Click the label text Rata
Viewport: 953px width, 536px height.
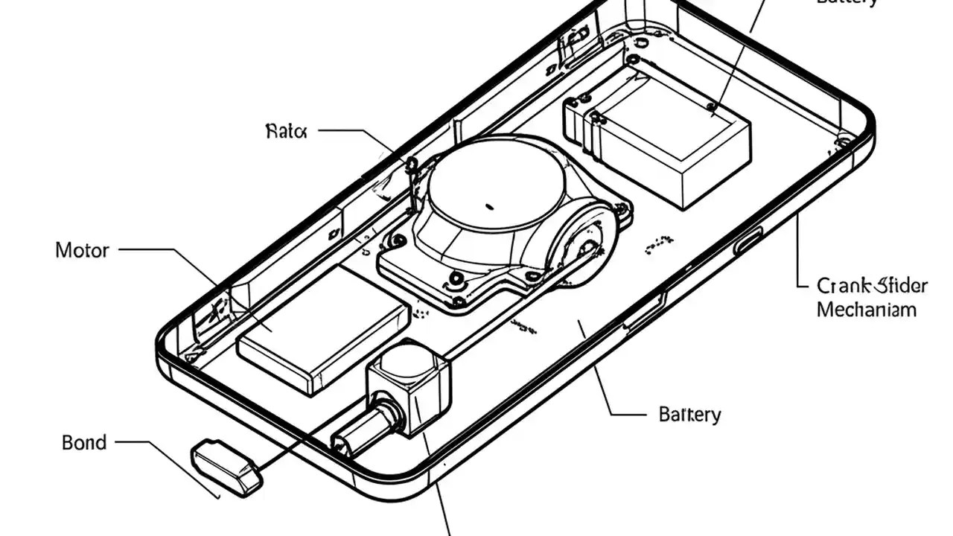coord(286,132)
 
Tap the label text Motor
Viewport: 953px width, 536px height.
coord(82,250)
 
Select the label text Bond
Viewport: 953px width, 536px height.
coord(84,443)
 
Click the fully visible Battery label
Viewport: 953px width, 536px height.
coord(689,415)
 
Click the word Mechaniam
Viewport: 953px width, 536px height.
coord(866,310)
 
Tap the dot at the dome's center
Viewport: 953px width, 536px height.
coord(489,205)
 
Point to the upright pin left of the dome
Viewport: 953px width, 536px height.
coord(412,182)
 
